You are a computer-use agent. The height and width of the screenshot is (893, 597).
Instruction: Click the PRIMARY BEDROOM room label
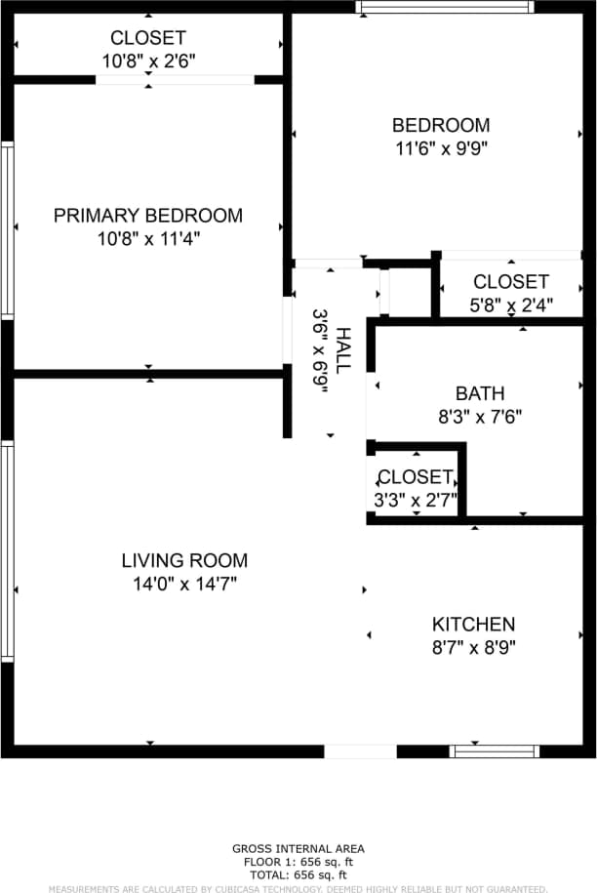[147, 216]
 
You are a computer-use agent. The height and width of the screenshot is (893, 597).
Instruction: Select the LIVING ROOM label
[184, 561]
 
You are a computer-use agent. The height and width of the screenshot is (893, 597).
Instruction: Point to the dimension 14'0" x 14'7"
[184, 585]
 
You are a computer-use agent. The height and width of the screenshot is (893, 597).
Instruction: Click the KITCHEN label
[473, 624]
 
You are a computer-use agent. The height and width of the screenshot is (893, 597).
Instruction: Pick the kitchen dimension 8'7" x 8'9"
[473, 646]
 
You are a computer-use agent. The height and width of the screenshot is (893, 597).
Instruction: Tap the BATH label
[480, 393]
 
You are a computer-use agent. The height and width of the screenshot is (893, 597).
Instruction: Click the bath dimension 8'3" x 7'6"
[480, 417]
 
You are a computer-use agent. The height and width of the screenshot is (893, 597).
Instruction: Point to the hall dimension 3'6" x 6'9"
[320, 350]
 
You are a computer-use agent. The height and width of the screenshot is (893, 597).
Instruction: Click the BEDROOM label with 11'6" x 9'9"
[440, 125]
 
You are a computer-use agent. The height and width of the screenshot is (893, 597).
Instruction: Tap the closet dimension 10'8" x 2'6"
[147, 61]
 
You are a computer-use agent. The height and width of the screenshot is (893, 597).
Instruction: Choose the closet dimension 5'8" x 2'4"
[511, 304]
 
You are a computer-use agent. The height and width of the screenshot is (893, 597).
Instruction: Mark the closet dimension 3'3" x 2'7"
[415, 500]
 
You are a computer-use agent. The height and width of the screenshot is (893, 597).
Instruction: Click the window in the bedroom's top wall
[444, 7]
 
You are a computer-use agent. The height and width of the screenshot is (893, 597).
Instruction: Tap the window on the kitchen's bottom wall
[494, 751]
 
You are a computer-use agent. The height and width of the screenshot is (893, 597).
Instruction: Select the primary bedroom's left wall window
[7, 230]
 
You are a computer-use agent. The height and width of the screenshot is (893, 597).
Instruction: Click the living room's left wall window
[7, 551]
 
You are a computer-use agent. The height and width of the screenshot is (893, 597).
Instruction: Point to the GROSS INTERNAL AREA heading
[298, 849]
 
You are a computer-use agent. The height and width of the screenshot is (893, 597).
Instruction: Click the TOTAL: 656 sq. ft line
[298, 875]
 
